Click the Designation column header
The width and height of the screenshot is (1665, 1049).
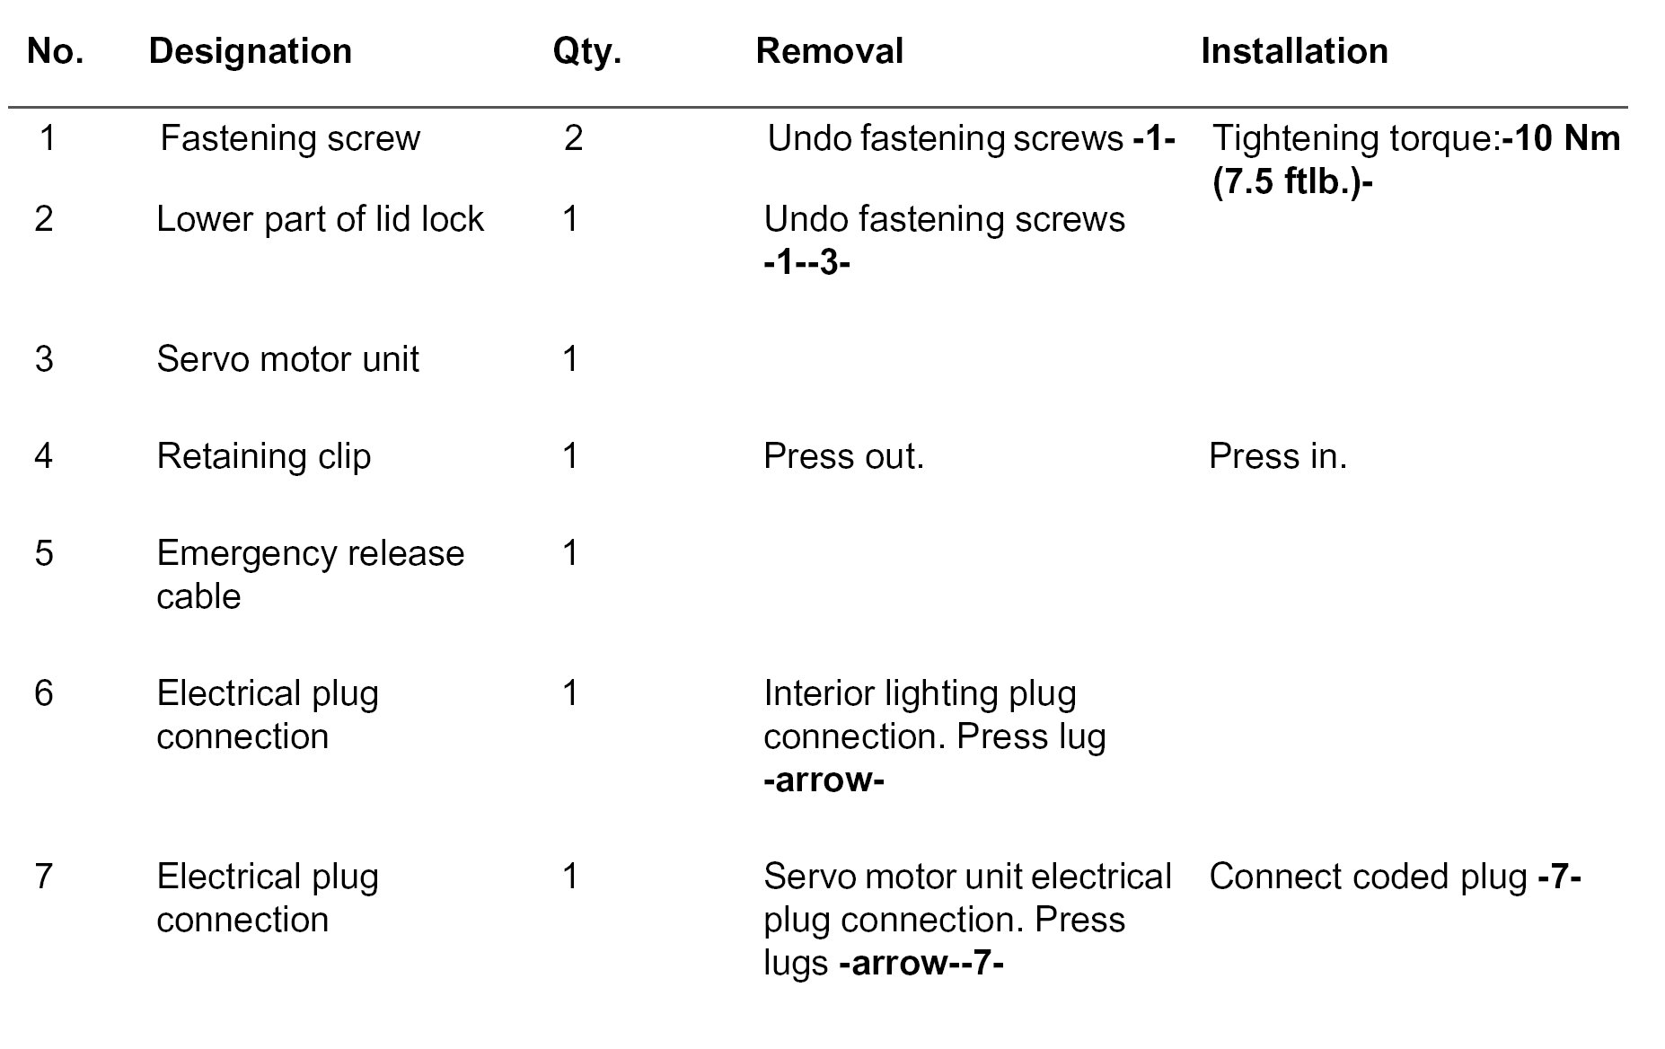coord(250,51)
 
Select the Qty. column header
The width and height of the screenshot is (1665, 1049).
coord(586,51)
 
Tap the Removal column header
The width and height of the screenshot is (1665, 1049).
coord(829,51)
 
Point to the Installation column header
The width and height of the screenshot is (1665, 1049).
coord(1294,51)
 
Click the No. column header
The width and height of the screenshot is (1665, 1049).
coord(56,51)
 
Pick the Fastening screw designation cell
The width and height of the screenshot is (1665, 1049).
coord(290,138)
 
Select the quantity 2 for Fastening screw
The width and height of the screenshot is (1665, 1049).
coord(574,138)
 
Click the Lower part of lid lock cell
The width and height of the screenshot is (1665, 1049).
coord(320,219)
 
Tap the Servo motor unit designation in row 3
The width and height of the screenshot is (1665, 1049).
coord(287,359)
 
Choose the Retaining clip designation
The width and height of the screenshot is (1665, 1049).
coord(263,456)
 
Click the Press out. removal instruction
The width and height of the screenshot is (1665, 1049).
coord(843,456)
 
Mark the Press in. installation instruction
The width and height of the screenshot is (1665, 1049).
coord(1278,456)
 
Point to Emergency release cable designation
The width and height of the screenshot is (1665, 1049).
coord(310,575)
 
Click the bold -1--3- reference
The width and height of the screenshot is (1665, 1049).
coord(806,263)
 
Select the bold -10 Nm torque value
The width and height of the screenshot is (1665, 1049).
coord(1561,138)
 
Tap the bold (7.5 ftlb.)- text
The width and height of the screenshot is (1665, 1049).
coord(1292,182)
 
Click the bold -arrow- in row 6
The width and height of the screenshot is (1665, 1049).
coord(824,780)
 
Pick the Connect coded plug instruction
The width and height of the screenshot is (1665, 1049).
coord(1394,877)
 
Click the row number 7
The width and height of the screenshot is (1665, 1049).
coord(44,877)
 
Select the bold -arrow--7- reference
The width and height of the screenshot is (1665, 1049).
coord(921,963)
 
